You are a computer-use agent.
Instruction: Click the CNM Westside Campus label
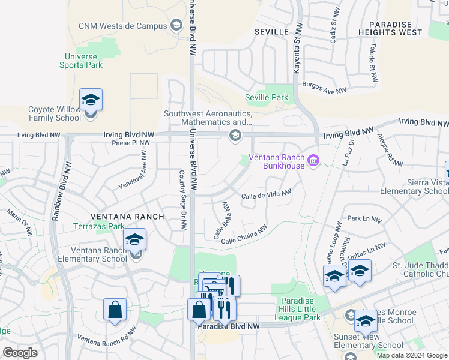pyautogui.click(x=122, y=26)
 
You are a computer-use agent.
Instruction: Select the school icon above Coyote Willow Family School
pyautogui.click(x=91, y=100)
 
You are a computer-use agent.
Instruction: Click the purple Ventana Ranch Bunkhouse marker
pyautogui.click(x=313, y=160)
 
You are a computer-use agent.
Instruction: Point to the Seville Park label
pyautogui.click(x=267, y=97)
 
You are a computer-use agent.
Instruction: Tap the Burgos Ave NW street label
pyautogui.click(x=324, y=88)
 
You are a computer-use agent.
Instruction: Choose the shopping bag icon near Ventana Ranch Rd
pyautogui.click(x=115, y=310)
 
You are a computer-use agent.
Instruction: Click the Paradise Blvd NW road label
pyautogui.click(x=229, y=326)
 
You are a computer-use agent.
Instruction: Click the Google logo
pyautogui.click(x=20, y=353)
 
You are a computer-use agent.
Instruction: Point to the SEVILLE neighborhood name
pyautogui.click(x=271, y=31)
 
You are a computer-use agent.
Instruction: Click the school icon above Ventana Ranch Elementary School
pyautogui.click(x=135, y=240)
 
